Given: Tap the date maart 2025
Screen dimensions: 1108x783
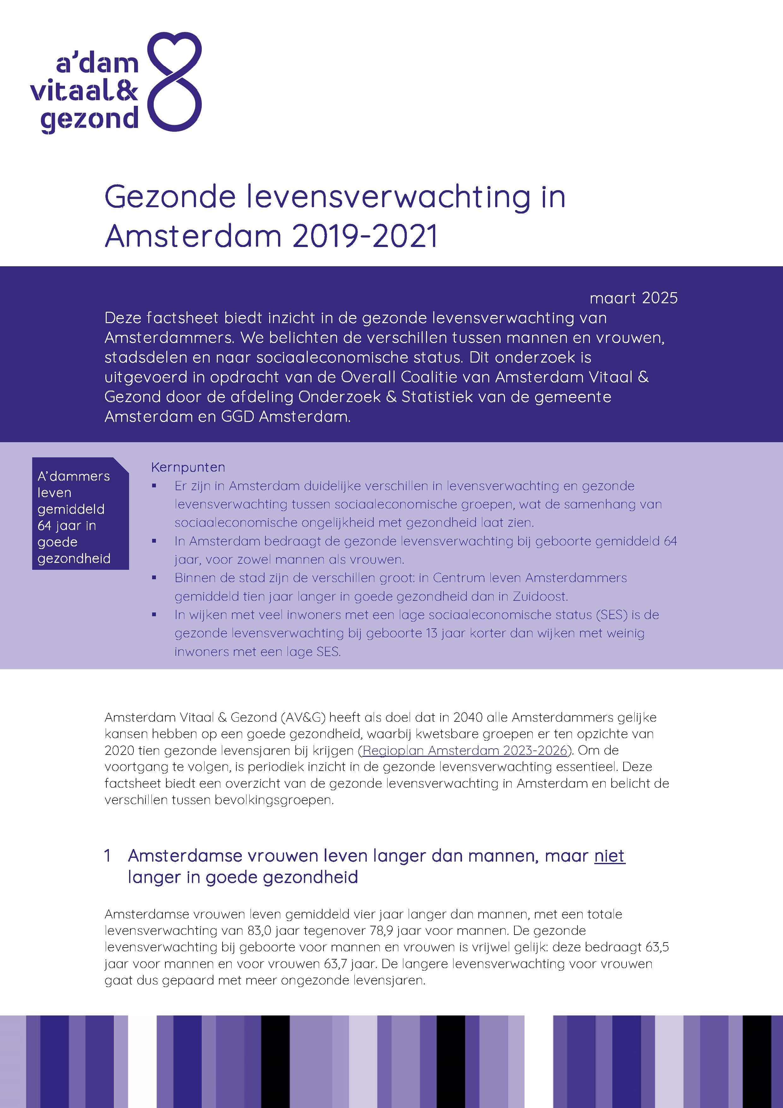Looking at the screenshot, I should point(633,298).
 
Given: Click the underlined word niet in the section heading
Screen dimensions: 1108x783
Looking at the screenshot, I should point(609,856).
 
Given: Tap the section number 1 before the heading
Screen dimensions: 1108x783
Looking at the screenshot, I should point(108,856).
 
